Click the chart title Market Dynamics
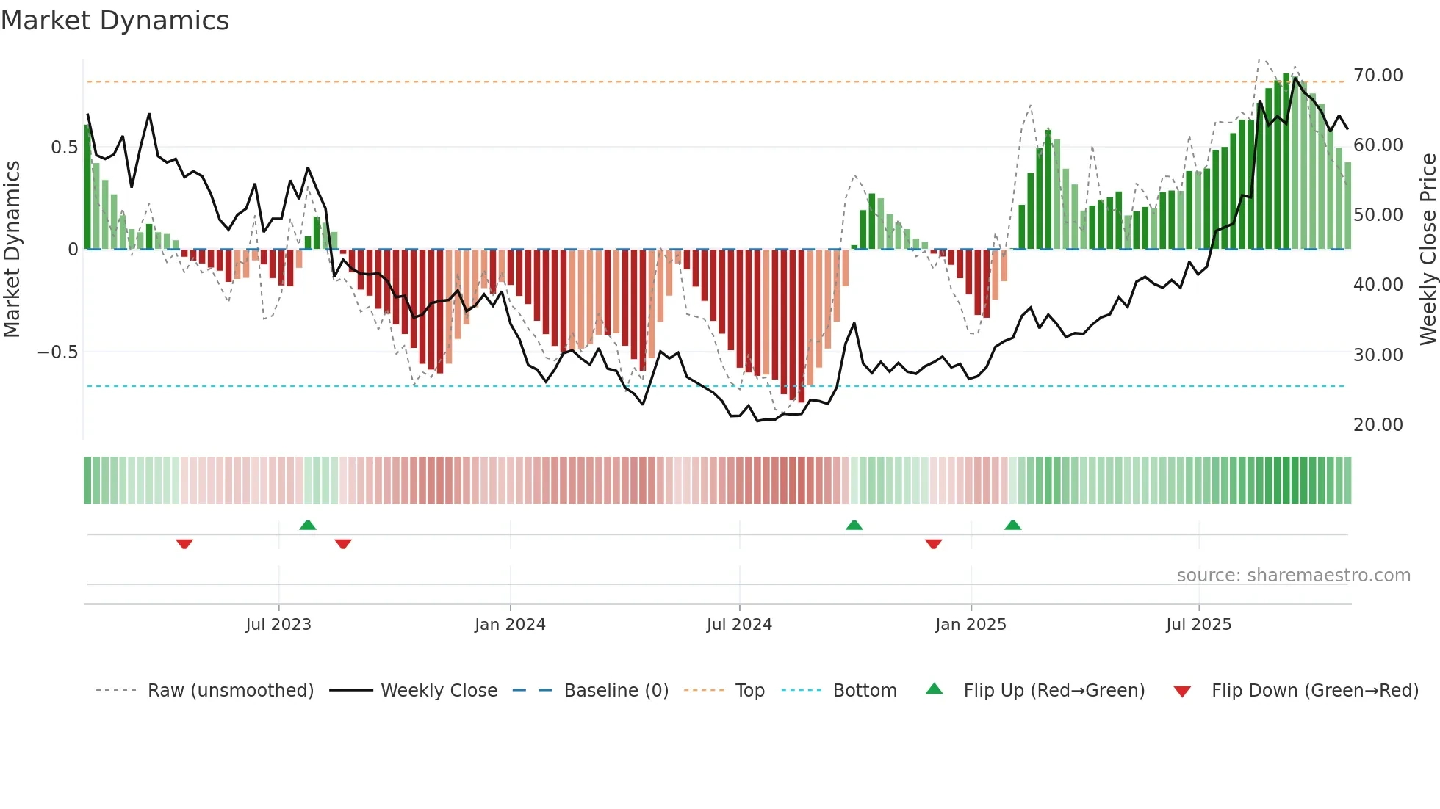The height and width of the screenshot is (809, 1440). click(x=115, y=21)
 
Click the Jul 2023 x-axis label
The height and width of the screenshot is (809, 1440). click(x=278, y=625)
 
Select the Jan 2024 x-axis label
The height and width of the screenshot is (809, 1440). click(x=510, y=625)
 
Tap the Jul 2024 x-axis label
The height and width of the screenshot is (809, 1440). click(x=739, y=625)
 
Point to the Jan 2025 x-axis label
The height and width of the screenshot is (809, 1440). click(x=971, y=625)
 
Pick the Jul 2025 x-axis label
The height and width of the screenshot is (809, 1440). click(x=1198, y=625)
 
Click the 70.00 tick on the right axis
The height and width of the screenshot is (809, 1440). click(x=1378, y=76)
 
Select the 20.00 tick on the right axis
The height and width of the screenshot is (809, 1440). click(x=1378, y=425)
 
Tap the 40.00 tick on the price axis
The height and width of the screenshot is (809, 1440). click(x=1378, y=285)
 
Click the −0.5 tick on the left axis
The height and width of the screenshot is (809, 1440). click(x=57, y=352)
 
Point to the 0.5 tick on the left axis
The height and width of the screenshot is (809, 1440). click(x=64, y=148)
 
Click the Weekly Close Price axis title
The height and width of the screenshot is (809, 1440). click(x=1428, y=250)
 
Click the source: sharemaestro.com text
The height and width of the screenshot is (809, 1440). click(x=1293, y=576)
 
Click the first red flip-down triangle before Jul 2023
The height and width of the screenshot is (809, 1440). click(x=184, y=543)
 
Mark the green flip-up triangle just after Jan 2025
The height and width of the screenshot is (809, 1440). click(x=1013, y=526)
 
